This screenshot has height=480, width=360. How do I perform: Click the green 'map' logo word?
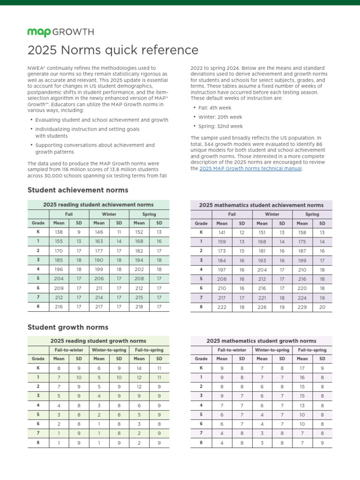pos(38,32)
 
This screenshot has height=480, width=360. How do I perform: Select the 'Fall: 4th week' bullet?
pos(218,108)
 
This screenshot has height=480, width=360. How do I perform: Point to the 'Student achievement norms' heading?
pos(78,190)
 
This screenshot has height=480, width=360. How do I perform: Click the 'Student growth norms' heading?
pos(68,327)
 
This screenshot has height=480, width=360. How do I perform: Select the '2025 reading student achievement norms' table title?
pos(98,205)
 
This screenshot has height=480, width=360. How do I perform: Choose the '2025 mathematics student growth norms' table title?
pos(262,341)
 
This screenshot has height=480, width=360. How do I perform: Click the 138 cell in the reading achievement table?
pos(59,232)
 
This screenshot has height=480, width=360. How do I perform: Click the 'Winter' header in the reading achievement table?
pos(109,214)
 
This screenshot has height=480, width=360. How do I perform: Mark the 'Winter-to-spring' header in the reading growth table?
pos(109,350)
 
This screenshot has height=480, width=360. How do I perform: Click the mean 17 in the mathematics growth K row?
pos(302,368)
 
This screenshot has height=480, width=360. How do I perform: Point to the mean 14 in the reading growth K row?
pos(139,368)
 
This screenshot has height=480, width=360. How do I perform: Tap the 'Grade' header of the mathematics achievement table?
pos(201,224)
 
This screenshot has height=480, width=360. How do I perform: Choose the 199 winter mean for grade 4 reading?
pos(99,269)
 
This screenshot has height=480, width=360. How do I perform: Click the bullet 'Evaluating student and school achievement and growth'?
pos(102,120)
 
